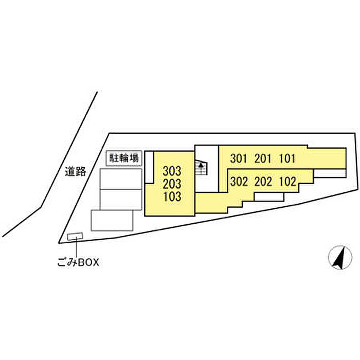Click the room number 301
(239, 158)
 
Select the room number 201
(263, 158)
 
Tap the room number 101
(287, 158)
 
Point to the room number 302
(239, 182)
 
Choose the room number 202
(263, 182)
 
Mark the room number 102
(287, 182)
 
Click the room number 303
(172, 171)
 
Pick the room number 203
(172, 184)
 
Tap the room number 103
(172, 197)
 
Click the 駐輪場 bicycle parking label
(124, 158)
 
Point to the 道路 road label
(75, 171)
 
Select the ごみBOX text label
(78, 262)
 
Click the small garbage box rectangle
(75, 236)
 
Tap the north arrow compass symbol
(340, 257)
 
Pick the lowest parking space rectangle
(112, 220)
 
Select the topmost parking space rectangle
(121, 179)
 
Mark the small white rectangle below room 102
(269, 197)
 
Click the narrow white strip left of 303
(150, 167)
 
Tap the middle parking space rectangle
(121, 200)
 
